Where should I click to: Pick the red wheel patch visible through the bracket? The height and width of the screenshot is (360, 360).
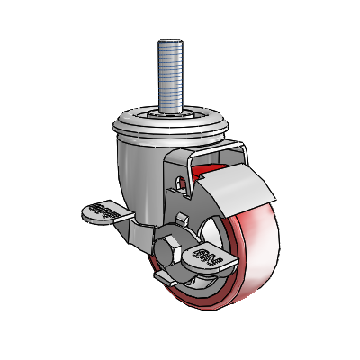pos(205,168)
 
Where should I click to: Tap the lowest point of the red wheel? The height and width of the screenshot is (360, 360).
pos(236,310)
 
